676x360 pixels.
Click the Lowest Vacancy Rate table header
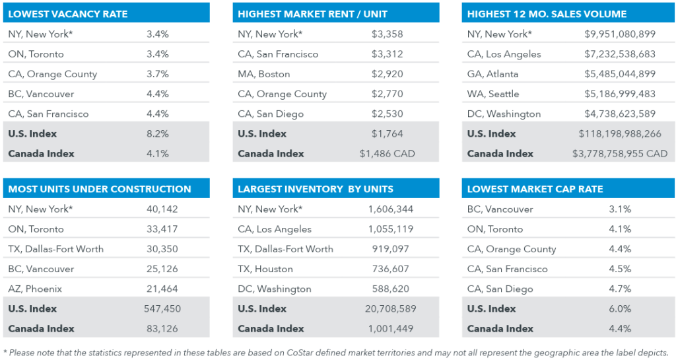tap(68, 14)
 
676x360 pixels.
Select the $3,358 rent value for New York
tap(388, 34)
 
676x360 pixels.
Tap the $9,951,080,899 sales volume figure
tap(620, 34)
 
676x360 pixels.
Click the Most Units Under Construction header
tap(100, 189)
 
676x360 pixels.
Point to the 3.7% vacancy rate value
tap(158, 74)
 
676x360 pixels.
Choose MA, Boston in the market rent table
tap(264, 74)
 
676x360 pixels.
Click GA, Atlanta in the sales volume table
tap(492, 74)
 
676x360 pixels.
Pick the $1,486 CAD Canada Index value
tap(388, 153)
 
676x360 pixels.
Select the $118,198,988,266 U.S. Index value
tap(620, 133)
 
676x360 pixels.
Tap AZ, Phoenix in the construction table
tap(34, 289)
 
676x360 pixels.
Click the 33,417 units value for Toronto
tap(162, 229)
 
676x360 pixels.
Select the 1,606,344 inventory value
tap(390, 209)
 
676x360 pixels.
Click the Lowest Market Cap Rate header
tap(535, 189)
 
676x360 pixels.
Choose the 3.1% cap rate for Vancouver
tap(620, 209)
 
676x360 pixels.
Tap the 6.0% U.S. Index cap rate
tap(620, 308)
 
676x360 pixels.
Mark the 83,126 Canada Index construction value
tap(162, 328)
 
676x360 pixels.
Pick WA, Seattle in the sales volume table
tap(493, 94)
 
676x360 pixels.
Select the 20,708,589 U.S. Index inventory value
tap(390, 308)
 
